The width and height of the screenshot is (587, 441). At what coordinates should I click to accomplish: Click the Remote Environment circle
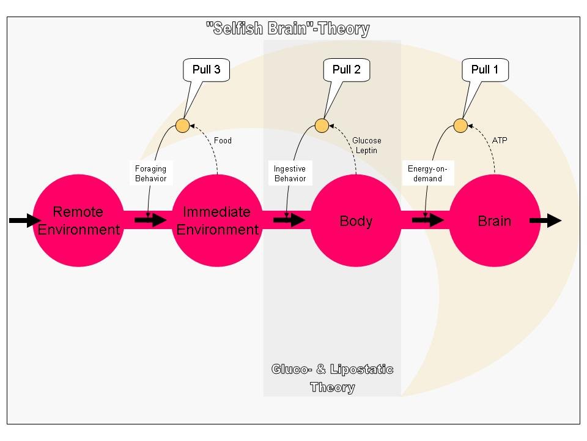[x=78, y=221]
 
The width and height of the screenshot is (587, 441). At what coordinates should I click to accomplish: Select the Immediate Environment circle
[x=217, y=221]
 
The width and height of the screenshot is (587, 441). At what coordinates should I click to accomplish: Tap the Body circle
[x=356, y=221]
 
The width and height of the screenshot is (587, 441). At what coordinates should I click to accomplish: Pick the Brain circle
[x=495, y=221]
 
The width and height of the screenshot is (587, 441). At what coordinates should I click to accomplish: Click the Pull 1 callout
[x=485, y=70]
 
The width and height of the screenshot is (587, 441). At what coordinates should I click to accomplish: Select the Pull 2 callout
[x=346, y=70]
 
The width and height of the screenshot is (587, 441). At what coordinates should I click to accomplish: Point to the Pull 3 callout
[x=206, y=70]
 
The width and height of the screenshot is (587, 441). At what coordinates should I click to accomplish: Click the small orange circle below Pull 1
[x=460, y=126]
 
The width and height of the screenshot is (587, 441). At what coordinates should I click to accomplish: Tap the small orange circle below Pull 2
[x=322, y=126]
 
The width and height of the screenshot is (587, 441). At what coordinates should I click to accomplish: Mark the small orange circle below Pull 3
[x=182, y=126]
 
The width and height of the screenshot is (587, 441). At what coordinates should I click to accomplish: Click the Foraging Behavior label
[x=150, y=173]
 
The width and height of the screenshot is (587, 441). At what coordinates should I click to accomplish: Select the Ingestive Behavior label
[x=290, y=173]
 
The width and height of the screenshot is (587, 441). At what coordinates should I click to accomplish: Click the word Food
[x=223, y=141]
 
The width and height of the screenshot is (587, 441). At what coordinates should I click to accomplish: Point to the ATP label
[x=500, y=141]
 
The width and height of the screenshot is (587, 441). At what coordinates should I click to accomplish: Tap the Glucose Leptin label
[x=366, y=146]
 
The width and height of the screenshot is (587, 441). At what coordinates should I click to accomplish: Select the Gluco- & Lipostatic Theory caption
[x=332, y=378]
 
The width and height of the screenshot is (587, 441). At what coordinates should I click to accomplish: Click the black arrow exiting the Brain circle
[x=545, y=221]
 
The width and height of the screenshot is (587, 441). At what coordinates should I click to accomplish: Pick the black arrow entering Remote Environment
[x=23, y=221]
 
